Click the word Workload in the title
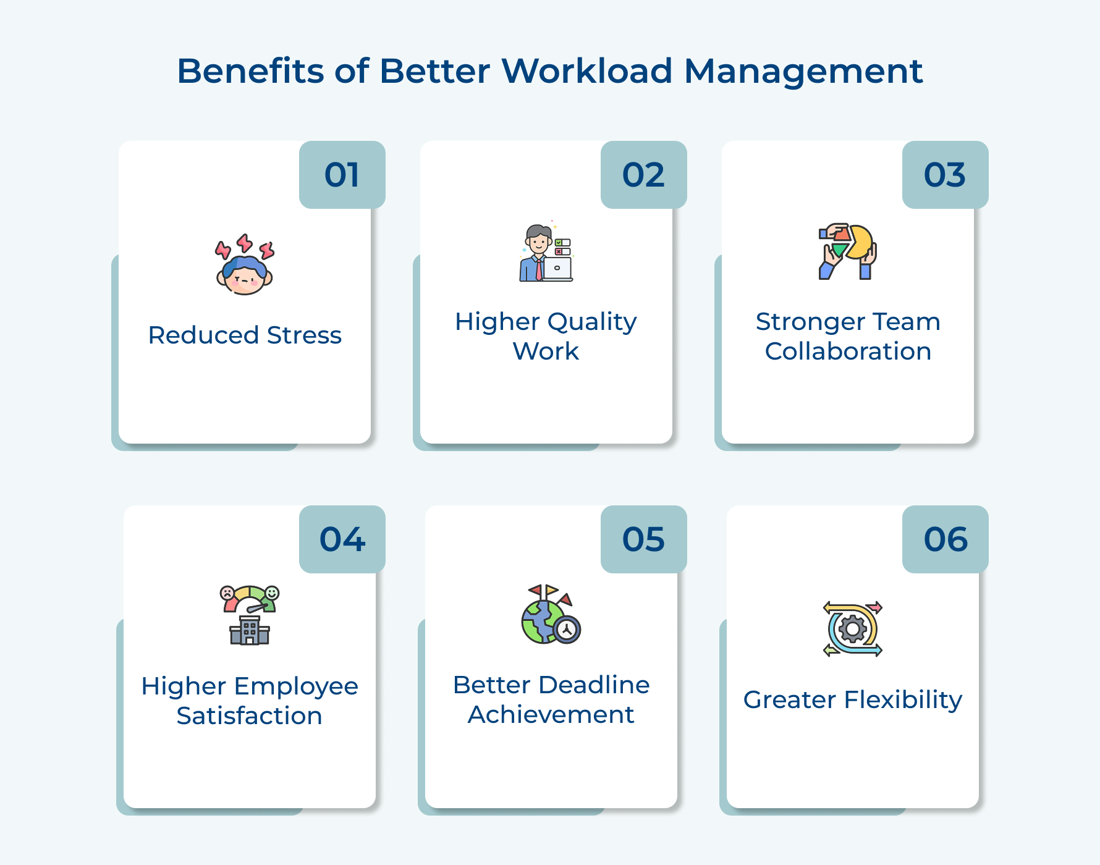[586, 70]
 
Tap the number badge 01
[342, 175]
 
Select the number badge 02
[643, 175]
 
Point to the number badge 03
[945, 175]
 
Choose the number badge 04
[342, 539]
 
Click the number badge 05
[643, 539]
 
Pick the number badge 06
[945, 539]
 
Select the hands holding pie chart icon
[848, 251]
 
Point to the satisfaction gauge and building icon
[250, 615]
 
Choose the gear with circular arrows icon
[853, 629]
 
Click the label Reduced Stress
[245, 335]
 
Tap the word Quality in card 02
[591, 322]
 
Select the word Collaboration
[848, 352]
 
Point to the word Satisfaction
[249, 716]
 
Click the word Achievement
[551, 715]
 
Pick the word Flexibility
[903, 700]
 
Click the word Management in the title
[803, 70]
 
